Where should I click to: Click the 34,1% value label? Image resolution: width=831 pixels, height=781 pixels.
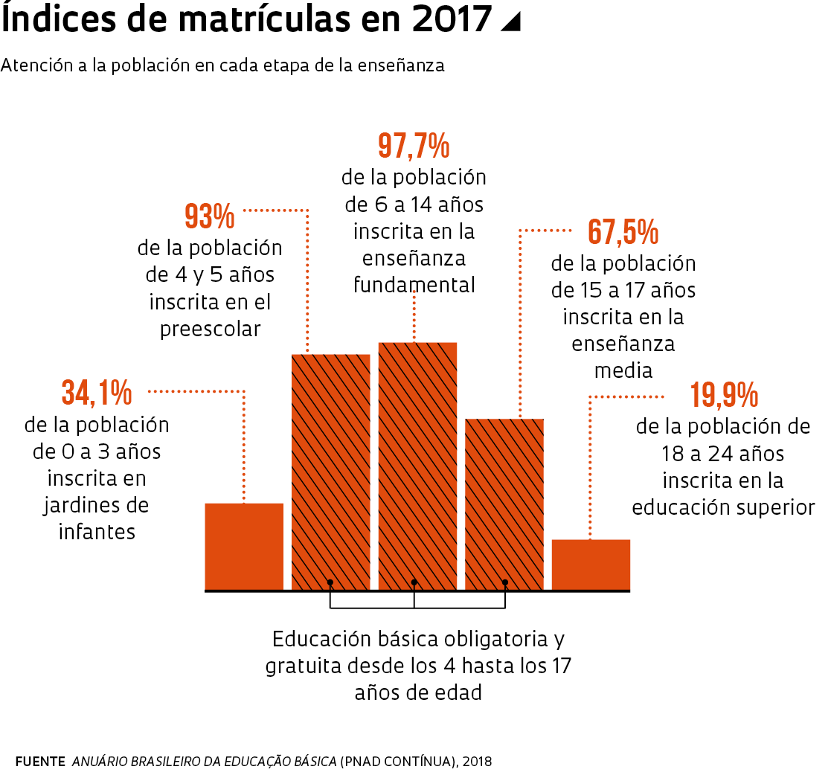[x=97, y=392]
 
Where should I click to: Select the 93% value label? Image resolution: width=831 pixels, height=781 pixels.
[x=209, y=216]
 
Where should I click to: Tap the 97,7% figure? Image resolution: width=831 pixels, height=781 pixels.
[x=414, y=146]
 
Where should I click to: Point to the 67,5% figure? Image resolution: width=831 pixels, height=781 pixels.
[x=623, y=232]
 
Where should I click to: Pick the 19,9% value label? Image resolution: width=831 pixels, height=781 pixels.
[x=723, y=395]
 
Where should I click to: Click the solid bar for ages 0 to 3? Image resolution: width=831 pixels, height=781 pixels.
[x=244, y=547]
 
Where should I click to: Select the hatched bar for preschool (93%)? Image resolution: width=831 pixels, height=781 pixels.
[x=330, y=472]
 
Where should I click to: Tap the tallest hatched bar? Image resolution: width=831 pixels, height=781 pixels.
[x=417, y=466]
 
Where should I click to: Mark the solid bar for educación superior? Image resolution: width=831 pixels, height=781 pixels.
[x=591, y=565]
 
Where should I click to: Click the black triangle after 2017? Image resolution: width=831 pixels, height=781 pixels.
[x=510, y=22]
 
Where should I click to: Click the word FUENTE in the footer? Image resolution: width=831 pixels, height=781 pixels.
[x=39, y=762]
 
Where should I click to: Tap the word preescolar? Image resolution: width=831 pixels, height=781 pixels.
[x=211, y=329]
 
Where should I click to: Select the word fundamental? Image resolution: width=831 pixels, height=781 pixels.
[x=414, y=285]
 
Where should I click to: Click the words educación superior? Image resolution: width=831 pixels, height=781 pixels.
[x=723, y=507]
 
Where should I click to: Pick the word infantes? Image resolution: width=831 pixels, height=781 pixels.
[x=97, y=532]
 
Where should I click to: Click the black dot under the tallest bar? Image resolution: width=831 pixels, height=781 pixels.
[x=414, y=582]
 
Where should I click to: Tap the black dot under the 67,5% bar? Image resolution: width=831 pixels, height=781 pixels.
[x=505, y=582]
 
